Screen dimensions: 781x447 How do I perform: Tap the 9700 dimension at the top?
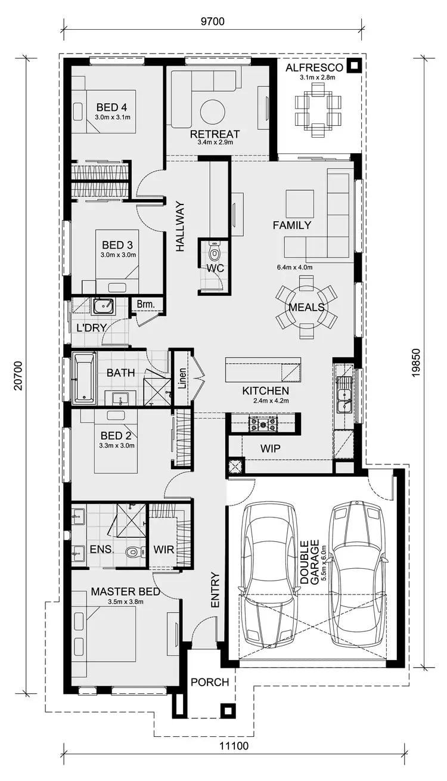(212, 22)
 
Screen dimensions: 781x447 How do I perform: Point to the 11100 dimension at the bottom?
(234, 762)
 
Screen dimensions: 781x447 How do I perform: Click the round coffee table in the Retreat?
(212, 111)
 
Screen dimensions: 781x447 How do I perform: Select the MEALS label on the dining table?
(306, 308)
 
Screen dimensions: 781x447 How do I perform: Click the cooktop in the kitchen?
(263, 424)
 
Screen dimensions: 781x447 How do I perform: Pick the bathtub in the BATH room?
(83, 377)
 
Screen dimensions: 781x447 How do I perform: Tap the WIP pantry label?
(271, 448)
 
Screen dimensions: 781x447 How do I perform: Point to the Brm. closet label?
(145, 305)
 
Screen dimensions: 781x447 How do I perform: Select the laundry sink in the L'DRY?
(105, 306)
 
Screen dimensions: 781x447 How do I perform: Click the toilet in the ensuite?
(134, 552)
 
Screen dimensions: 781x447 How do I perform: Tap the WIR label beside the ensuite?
(163, 549)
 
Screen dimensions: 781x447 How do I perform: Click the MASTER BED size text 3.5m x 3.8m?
(125, 602)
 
